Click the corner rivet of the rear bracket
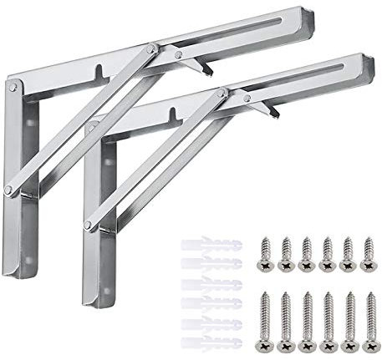(15, 84)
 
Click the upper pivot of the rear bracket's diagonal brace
(150, 51)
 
